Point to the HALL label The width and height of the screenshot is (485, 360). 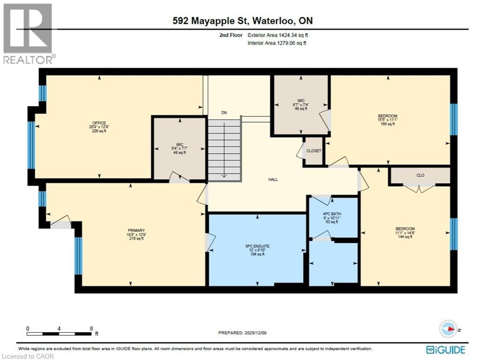click(x=273, y=180)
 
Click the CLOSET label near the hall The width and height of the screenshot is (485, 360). click(x=314, y=151)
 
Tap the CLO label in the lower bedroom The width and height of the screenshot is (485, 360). click(x=420, y=175)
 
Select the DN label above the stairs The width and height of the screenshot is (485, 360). click(x=225, y=113)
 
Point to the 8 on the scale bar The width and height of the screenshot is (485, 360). click(x=90, y=328)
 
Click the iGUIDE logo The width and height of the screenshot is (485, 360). click(x=445, y=350)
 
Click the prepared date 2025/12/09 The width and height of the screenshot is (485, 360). click(x=242, y=333)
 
